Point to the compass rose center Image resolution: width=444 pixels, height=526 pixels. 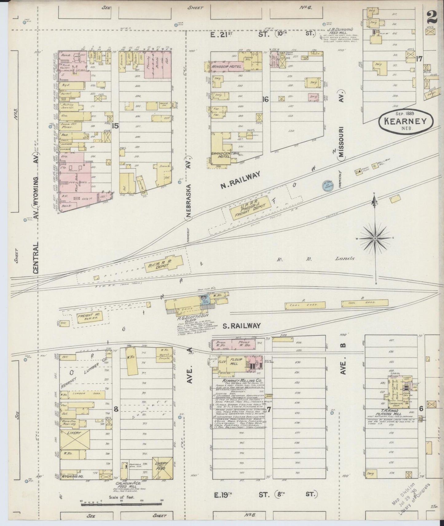click(x=375, y=238)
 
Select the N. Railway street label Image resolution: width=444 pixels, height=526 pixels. click(x=241, y=180)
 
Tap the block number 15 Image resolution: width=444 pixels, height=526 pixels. click(x=116, y=125)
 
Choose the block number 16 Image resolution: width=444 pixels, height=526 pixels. click(x=265, y=99)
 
